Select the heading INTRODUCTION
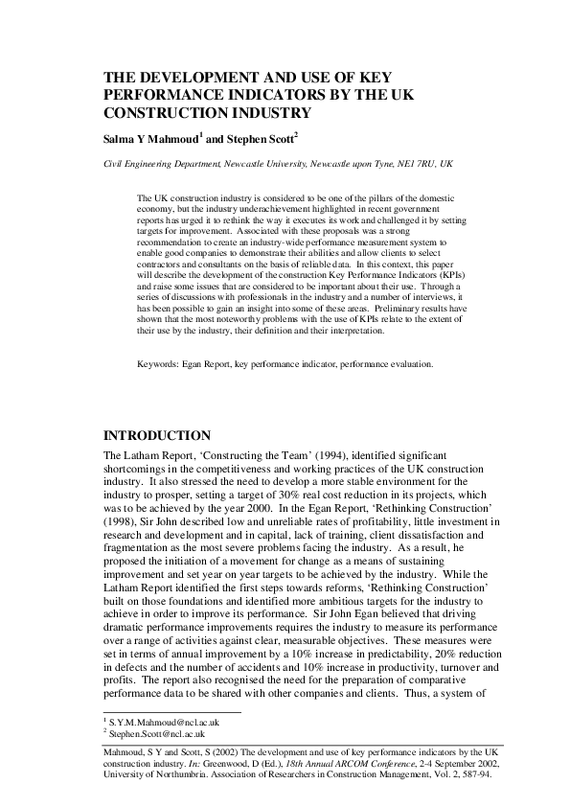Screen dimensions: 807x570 [157, 435]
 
